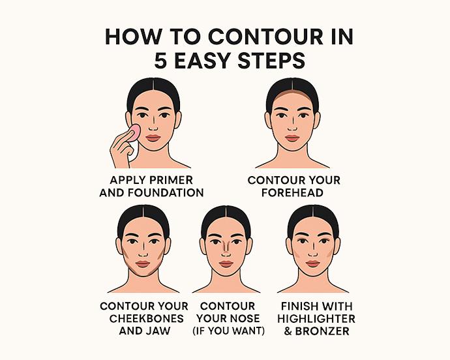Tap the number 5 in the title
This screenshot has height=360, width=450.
pos(160,60)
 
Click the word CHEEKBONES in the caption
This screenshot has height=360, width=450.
pos(144,318)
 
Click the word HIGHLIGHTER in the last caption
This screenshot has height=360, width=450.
pos(316,318)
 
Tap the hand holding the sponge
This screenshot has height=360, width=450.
pos(121,150)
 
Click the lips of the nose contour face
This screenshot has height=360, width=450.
pos(226,263)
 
